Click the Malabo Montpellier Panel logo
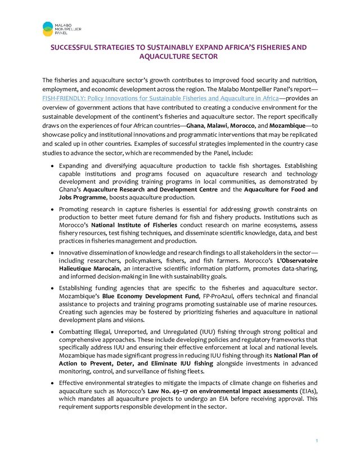[62, 28]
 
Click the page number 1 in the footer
[316, 441]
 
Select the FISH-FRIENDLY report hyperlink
[160, 98]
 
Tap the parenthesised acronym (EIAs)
[306, 391]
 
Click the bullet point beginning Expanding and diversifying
[52, 167]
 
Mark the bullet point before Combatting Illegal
[52, 332]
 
